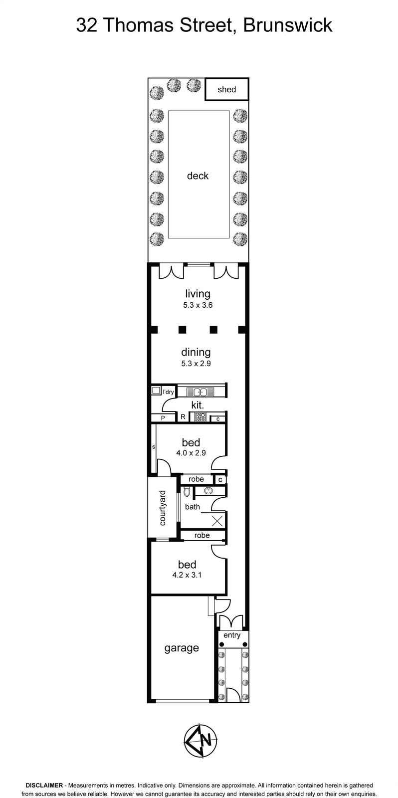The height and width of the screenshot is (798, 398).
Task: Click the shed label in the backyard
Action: coord(226,89)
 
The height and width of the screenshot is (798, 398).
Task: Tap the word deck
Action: coord(198,176)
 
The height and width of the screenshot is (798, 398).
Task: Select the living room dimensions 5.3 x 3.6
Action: coord(198,305)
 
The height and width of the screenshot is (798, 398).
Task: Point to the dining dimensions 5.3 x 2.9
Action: coord(196,364)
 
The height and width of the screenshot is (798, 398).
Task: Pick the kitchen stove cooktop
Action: coord(200,417)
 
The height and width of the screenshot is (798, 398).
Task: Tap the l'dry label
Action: coord(168,392)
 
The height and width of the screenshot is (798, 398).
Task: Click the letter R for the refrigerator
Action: coord(183,417)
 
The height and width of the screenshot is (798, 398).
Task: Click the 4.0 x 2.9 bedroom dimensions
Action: coord(191,453)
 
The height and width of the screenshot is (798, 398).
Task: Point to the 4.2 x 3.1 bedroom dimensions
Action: coord(187,575)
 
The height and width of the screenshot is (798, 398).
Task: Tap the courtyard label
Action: coord(163,508)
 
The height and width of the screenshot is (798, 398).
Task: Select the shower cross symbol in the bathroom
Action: coord(217,521)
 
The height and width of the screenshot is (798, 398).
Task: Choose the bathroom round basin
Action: coord(209,491)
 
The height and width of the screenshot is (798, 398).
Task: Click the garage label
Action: coord(182,648)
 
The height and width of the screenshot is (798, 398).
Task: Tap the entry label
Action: coord(232,635)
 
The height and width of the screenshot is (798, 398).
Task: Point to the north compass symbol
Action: coord(200,740)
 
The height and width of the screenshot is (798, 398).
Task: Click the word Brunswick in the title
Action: coord(288,25)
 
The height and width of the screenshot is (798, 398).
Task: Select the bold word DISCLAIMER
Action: coord(44,785)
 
